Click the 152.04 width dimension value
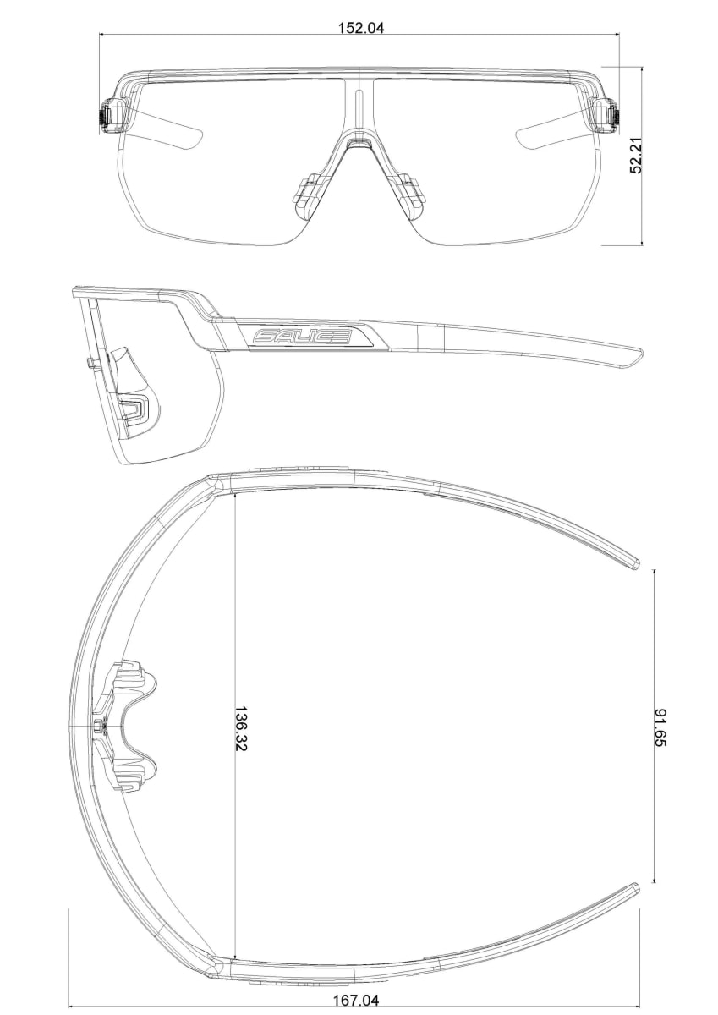click(x=360, y=28)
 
